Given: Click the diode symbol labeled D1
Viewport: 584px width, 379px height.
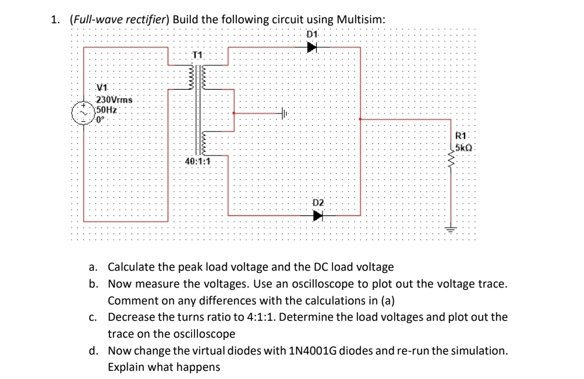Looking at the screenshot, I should coord(313,48).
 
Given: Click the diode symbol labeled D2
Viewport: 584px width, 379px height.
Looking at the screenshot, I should coord(317,215).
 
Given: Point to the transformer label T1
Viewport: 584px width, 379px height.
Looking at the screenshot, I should coord(198,55).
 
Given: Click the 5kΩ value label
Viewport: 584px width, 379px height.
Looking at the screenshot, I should coord(465,147).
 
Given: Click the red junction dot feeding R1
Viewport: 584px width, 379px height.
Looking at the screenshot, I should coord(361,119).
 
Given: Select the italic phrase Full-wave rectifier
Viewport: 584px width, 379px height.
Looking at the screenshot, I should coord(119,19).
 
